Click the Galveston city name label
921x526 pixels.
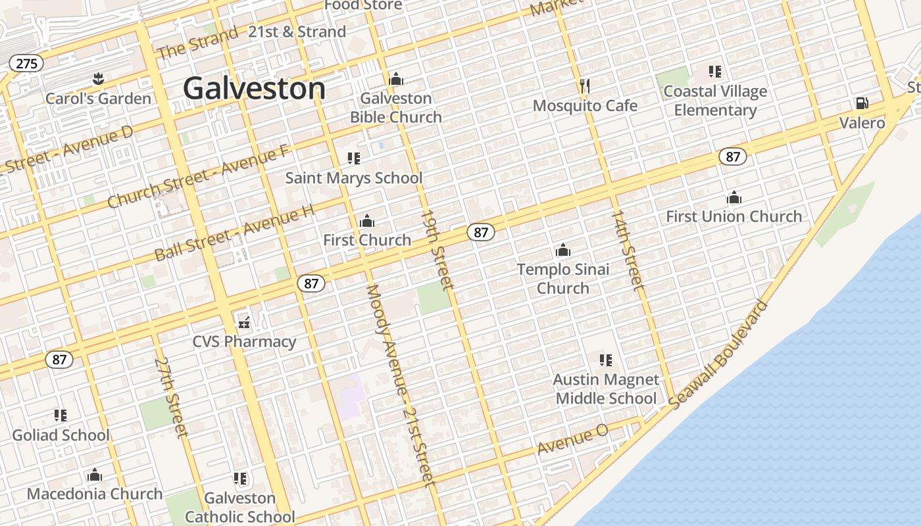pyautogui.click(x=254, y=88)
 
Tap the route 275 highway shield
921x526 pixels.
pyautogui.click(x=26, y=63)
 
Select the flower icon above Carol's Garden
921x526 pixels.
pyautogui.click(x=98, y=80)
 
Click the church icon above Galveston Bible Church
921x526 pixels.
pyautogui.click(x=396, y=80)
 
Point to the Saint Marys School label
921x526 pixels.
pyautogui.click(x=354, y=178)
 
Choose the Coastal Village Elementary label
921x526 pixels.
pyautogui.click(x=715, y=101)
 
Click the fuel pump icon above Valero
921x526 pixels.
pyautogui.click(x=862, y=103)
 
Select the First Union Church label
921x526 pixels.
pyautogui.click(x=734, y=216)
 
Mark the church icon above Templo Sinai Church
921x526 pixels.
pyautogui.click(x=563, y=251)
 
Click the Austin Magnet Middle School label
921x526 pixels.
pyautogui.click(x=606, y=389)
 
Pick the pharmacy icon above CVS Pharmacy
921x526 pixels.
pyautogui.click(x=244, y=323)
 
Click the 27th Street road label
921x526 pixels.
pyautogui.click(x=171, y=398)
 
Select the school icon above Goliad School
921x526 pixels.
pyautogui.click(x=61, y=416)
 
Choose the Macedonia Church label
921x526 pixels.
pyautogui.click(x=95, y=494)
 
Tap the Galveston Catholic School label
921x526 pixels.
pyautogui.click(x=240, y=507)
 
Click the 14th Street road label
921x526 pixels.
pyautogui.click(x=628, y=250)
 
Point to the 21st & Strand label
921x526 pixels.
pyautogui.click(x=297, y=32)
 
